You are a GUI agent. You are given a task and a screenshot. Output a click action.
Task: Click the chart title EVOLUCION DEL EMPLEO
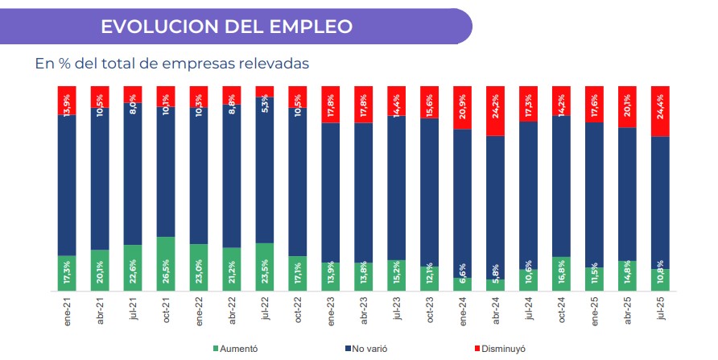[226, 27]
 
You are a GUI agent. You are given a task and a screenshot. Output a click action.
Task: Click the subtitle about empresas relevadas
[172, 64]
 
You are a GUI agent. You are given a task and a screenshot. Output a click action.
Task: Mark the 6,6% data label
[463, 283]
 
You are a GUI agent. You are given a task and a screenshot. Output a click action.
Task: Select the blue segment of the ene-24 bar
[462, 201]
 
